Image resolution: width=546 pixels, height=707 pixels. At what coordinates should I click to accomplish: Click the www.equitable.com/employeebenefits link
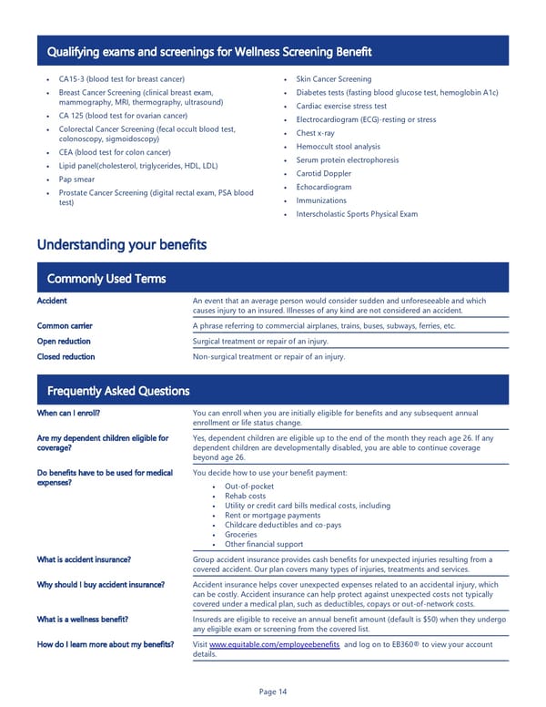coord(274,644)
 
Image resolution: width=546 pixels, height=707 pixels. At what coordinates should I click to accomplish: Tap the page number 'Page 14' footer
coord(273,692)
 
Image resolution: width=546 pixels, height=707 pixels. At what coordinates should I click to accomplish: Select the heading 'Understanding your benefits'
coord(121,245)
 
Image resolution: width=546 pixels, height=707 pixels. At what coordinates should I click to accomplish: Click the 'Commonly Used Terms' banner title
coord(106,279)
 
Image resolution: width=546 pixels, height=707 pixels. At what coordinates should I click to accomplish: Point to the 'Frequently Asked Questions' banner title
coord(118,391)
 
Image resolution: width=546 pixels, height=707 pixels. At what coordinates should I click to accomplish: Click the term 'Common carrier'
coord(64,325)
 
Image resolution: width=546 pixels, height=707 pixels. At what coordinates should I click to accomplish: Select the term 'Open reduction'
coord(64,342)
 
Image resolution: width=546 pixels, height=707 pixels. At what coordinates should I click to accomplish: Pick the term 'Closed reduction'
coord(66,357)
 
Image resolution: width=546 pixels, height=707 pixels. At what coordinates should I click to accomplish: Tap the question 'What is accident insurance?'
coord(84,559)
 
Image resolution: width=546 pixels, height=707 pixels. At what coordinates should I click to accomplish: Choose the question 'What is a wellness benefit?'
coord(82,620)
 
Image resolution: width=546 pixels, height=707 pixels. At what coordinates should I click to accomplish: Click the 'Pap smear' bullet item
coord(77,179)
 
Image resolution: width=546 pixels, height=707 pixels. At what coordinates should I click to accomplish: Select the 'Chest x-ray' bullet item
coord(316,133)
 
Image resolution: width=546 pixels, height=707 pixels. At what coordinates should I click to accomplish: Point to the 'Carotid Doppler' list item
coord(323,173)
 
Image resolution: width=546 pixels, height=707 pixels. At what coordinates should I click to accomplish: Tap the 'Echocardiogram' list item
coord(323,187)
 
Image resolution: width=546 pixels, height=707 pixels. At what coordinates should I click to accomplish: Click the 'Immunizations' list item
coord(321,200)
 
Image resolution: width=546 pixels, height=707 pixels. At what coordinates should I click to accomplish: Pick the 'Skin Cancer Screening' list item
coord(334,79)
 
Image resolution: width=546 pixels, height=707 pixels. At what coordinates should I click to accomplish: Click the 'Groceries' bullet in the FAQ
coord(241,535)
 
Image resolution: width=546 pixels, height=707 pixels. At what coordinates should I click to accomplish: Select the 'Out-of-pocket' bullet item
coord(250,487)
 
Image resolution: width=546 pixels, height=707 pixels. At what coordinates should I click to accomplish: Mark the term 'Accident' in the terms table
coord(52,301)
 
